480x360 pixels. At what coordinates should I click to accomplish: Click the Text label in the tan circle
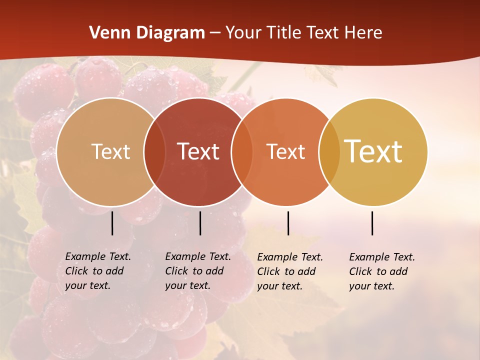tap(110, 151)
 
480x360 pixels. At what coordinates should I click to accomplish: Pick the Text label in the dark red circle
tap(198, 151)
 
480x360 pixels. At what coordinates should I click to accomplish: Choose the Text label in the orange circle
tap(285, 151)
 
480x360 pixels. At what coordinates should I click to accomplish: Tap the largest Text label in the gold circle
tap(373, 151)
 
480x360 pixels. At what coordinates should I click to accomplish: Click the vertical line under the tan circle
tap(112, 223)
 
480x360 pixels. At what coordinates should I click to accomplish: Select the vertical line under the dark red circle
tap(200, 223)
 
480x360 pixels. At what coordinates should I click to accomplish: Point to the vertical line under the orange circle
tap(288, 223)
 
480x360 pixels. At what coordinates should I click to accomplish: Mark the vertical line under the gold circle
tap(372, 223)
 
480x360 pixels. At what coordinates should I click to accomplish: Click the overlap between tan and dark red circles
tap(154, 151)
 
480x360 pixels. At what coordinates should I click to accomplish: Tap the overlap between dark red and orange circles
tap(242, 151)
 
